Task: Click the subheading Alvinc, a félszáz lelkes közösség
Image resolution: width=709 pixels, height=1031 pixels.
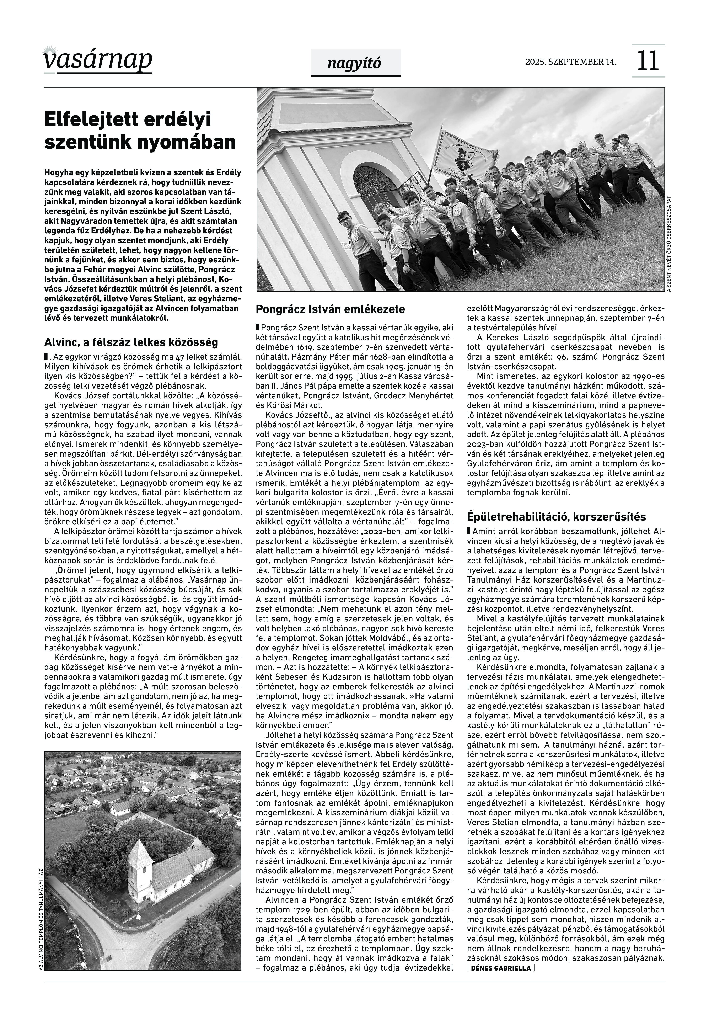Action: click(x=131, y=342)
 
